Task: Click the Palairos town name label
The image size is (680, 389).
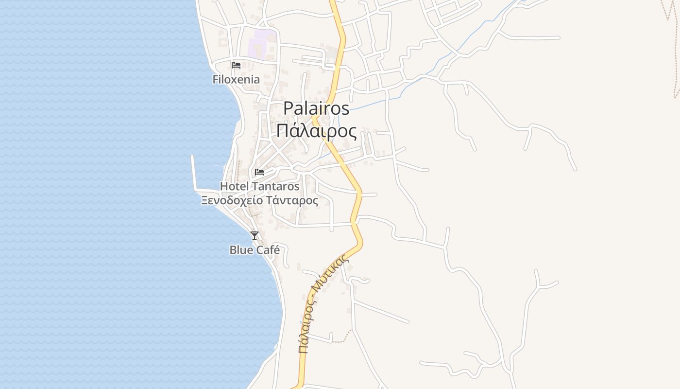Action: pyautogui.click(x=316, y=108)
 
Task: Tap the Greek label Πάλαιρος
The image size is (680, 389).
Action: pyautogui.click(x=316, y=131)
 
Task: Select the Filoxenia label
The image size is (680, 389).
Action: pyautogui.click(x=236, y=79)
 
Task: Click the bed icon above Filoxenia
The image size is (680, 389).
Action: pyautogui.click(x=236, y=65)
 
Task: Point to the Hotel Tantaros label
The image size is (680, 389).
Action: pyautogui.click(x=259, y=186)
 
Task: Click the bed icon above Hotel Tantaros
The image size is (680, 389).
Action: pyautogui.click(x=259, y=172)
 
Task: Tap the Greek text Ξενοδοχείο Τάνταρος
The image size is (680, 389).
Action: pyautogui.click(x=259, y=200)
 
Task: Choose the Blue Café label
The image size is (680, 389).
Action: pyautogui.click(x=255, y=250)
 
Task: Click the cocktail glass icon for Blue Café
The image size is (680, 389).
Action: pyautogui.click(x=254, y=236)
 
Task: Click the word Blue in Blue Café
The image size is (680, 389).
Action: pyautogui.click(x=241, y=250)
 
